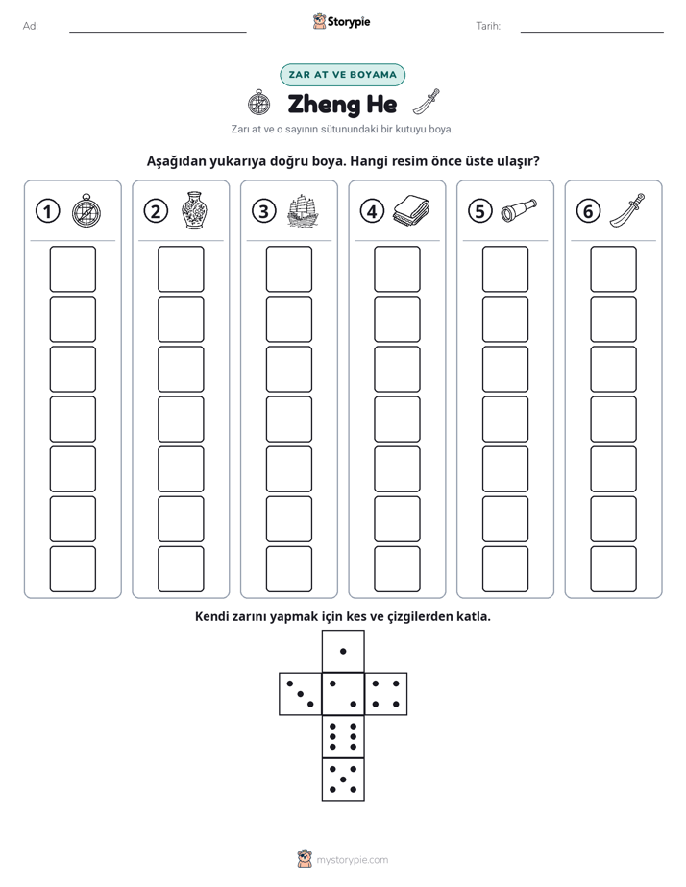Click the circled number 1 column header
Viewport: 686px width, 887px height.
pyautogui.click(x=47, y=211)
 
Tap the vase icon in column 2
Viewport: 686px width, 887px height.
pyautogui.click(x=194, y=210)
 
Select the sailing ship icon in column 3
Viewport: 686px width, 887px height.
pyautogui.click(x=303, y=211)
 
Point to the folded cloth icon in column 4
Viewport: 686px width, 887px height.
pyautogui.click(x=411, y=210)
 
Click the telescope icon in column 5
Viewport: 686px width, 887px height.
pyautogui.click(x=519, y=210)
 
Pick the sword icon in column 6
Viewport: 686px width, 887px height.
pyautogui.click(x=627, y=210)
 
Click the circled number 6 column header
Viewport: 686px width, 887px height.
pyautogui.click(x=588, y=211)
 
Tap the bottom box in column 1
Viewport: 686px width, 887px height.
pyautogui.click(x=72, y=569)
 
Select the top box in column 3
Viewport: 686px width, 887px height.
pyautogui.click(x=288, y=269)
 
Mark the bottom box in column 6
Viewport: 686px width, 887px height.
pyautogui.click(x=613, y=569)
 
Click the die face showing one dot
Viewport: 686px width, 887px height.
pyautogui.click(x=343, y=651)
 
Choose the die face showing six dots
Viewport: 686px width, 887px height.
pyautogui.click(x=343, y=736)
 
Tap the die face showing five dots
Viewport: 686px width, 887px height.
pyautogui.click(x=343, y=779)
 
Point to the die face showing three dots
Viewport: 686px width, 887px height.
pyautogui.click(x=301, y=693)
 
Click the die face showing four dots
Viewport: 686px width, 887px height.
pyautogui.click(x=386, y=693)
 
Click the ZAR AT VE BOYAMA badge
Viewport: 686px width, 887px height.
pyautogui.click(x=342, y=75)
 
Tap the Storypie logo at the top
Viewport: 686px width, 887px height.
pyautogui.click(x=341, y=22)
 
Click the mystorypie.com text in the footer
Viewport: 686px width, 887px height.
pyautogui.click(x=352, y=860)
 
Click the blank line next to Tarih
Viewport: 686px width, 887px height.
pyautogui.click(x=592, y=32)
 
